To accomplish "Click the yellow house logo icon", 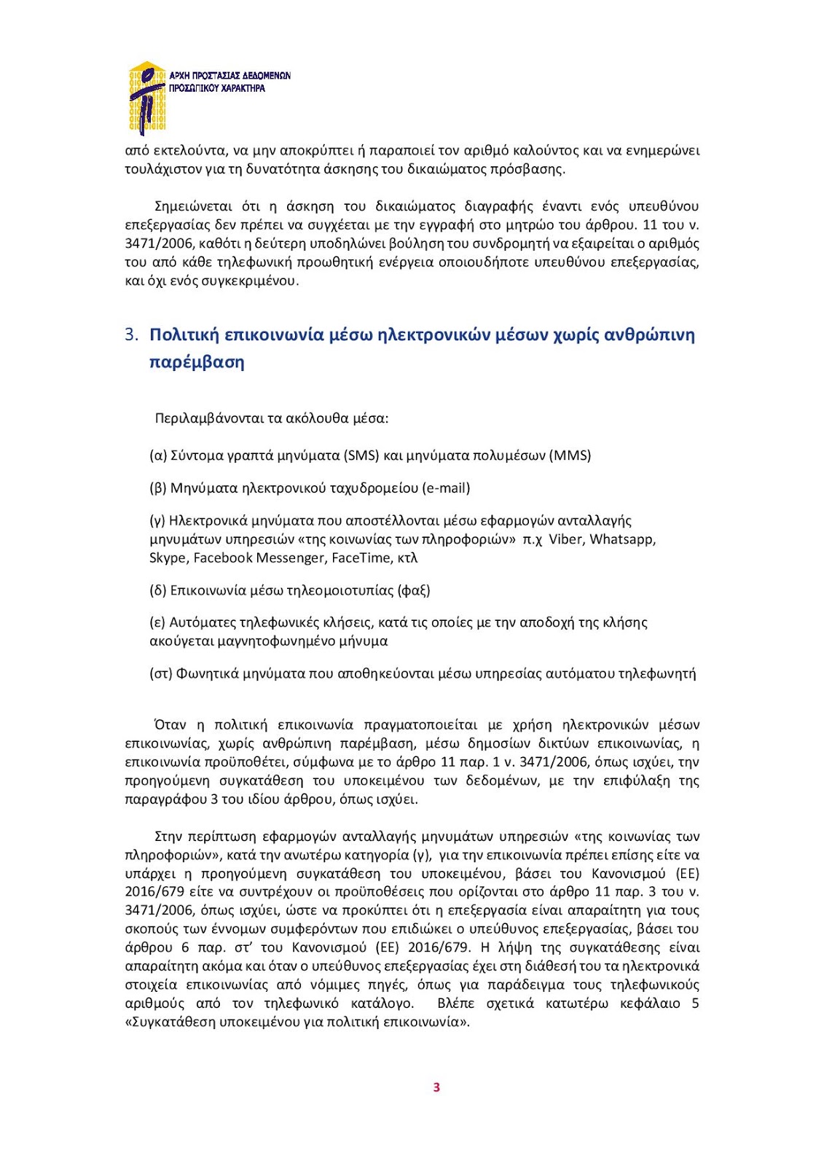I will pyautogui.click(x=147, y=98).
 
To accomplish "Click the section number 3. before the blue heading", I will pyautogui.click(x=131, y=334).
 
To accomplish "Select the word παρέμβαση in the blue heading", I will pyautogui.click(x=197, y=362).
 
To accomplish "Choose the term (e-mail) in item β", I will pyautogui.click(x=446, y=488).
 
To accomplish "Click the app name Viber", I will pyautogui.click(x=565, y=539).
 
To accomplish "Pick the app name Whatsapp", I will pyautogui.click(x=622, y=539).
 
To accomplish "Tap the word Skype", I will pyautogui.click(x=168, y=558).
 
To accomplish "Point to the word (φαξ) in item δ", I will pyautogui.click(x=414, y=590).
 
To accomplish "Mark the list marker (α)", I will pyautogui.click(x=158, y=455).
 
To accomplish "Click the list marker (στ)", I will pyautogui.click(x=161, y=674).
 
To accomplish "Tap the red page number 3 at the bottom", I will pyautogui.click(x=436, y=1087).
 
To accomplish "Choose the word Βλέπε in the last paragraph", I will pyautogui.click(x=456, y=1003).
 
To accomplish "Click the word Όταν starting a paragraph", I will pyautogui.click(x=170, y=725).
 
